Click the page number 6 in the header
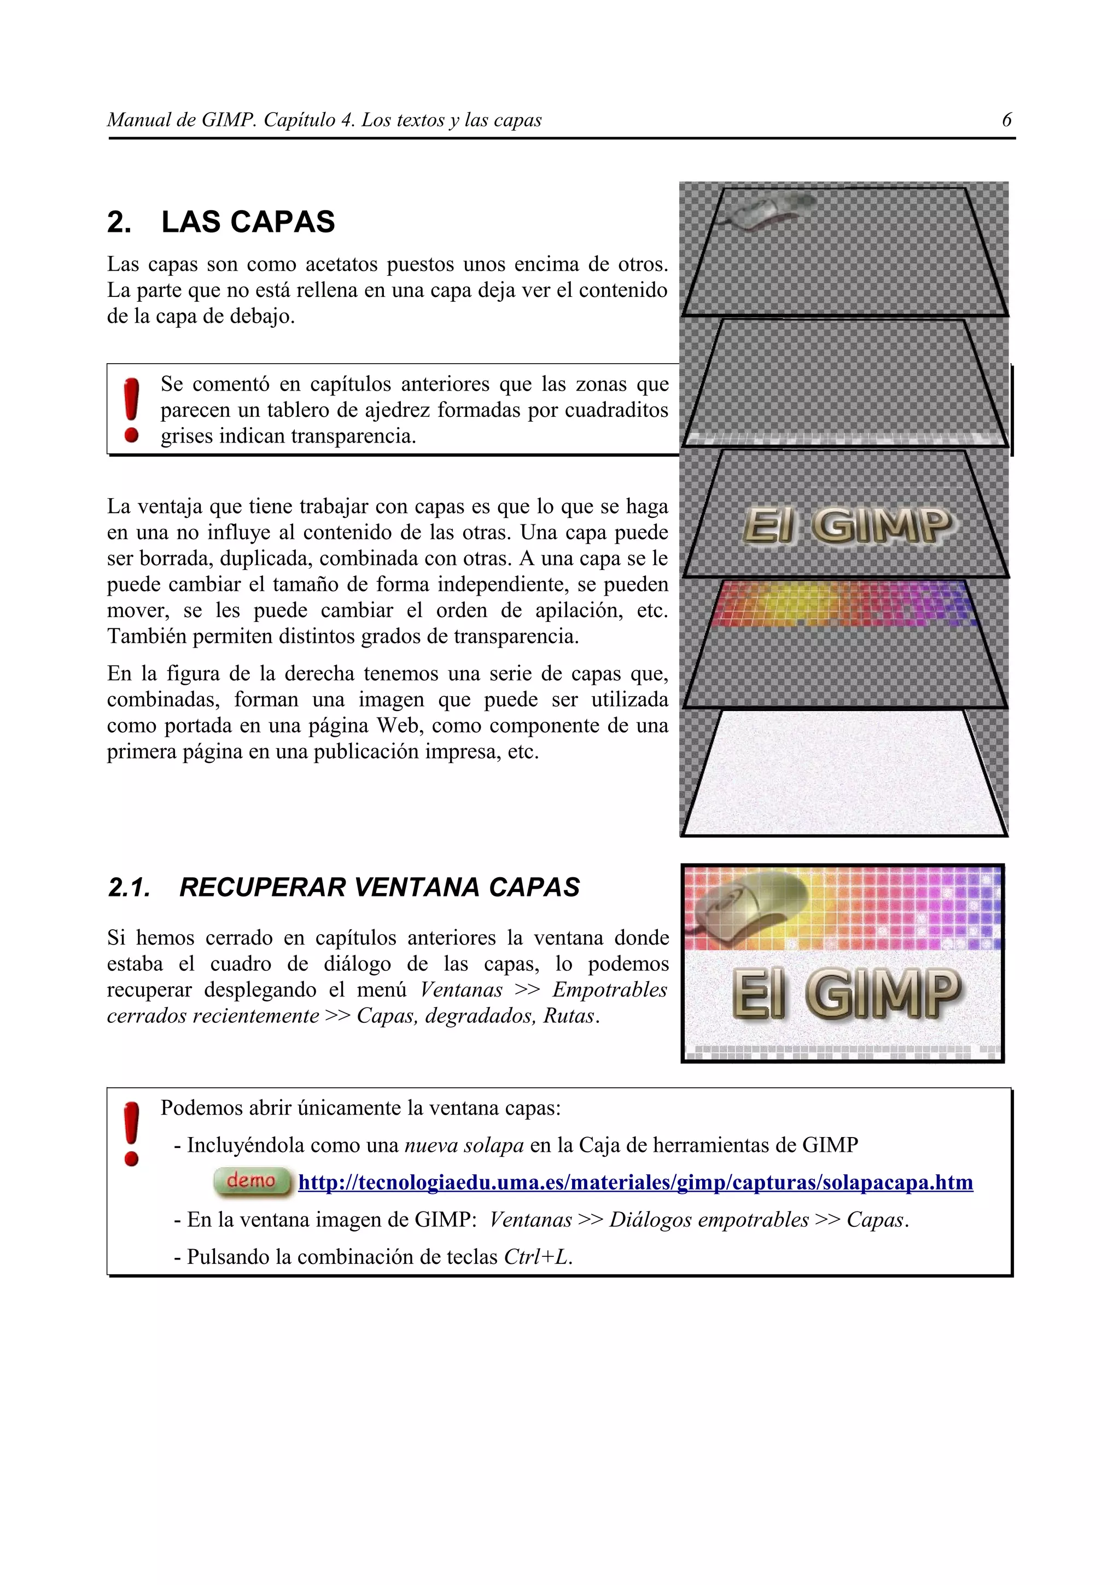pyautogui.click(x=1006, y=120)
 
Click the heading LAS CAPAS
pyautogui.click(x=248, y=222)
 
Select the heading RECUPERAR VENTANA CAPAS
pyautogui.click(x=379, y=887)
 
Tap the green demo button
pyautogui.click(x=251, y=1181)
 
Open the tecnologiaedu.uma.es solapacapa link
pyautogui.click(x=635, y=1182)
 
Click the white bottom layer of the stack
pyautogui.click(x=843, y=773)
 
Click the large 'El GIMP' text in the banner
pyautogui.click(x=846, y=994)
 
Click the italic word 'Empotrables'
pyautogui.click(x=609, y=990)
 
